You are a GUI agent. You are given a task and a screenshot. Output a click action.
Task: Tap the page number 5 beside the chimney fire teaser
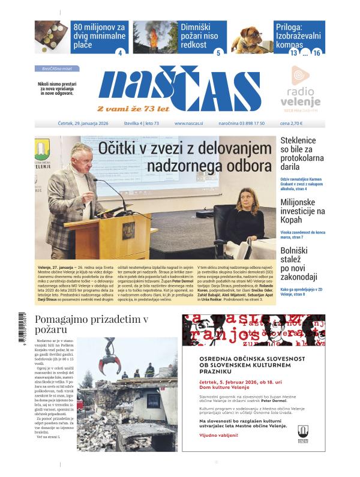[x=218, y=53]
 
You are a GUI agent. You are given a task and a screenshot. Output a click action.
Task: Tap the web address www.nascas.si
[x=188, y=124]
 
